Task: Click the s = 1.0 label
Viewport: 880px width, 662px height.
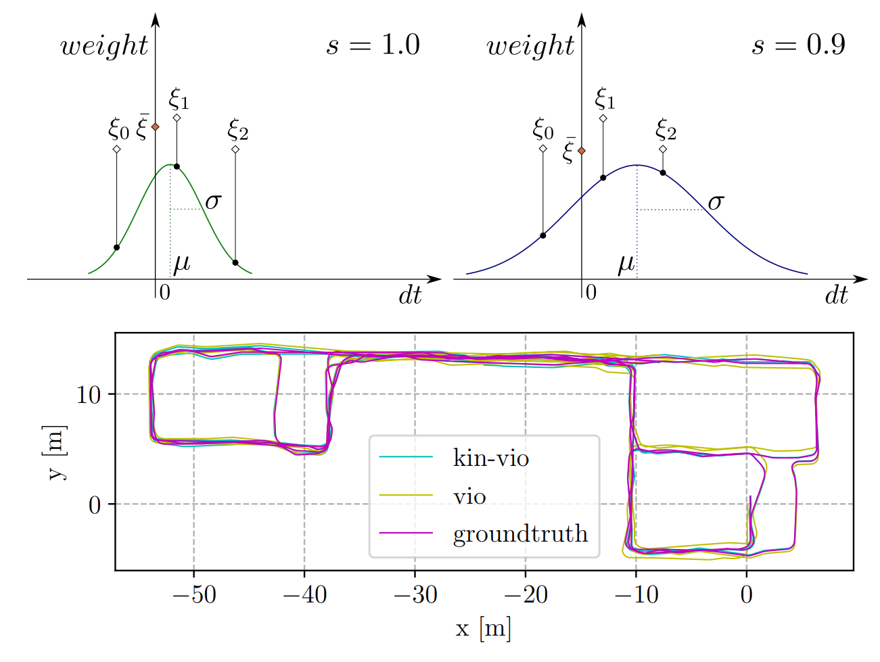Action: [373, 45]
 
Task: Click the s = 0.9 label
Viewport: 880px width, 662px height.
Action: [799, 45]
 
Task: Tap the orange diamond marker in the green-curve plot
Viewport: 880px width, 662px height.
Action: [156, 126]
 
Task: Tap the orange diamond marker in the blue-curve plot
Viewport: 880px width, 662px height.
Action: [582, 151]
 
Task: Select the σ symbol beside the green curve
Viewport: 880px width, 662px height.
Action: [213, 201]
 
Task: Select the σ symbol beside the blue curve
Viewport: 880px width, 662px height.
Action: [716, 202]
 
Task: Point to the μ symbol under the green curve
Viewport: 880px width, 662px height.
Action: [181, 263]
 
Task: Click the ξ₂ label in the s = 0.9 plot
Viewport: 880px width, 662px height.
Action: [666, 129]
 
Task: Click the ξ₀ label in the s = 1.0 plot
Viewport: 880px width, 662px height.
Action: [118, 128]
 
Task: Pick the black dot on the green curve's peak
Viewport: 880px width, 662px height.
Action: [177, 166]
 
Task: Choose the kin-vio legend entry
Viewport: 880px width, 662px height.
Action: [490, 458]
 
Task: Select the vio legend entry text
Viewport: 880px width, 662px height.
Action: [469, 497]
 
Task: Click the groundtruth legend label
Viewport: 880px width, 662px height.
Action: [520, 534]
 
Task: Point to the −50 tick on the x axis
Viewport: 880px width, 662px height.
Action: [193, 595]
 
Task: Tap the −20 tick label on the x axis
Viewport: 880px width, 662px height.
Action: [525, 595]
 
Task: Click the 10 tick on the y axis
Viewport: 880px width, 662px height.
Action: [89, 395]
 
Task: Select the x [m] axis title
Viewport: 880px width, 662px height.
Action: [483, 629]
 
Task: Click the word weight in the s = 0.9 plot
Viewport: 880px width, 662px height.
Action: [530, 46]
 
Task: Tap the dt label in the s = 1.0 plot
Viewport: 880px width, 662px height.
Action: [410, 295]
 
